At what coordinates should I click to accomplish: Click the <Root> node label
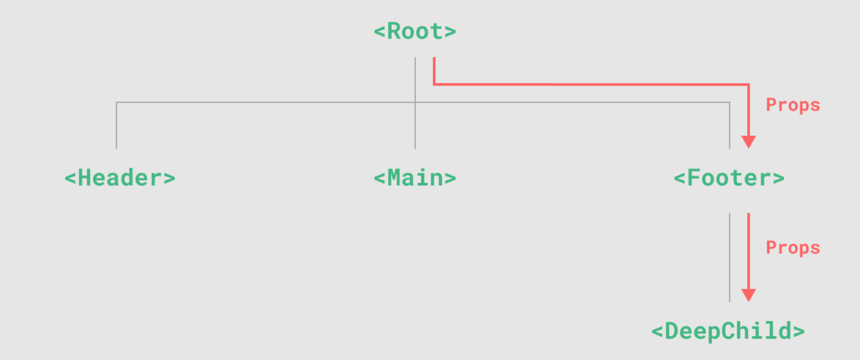415,31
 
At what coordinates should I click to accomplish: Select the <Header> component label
119,178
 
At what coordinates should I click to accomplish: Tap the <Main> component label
415,178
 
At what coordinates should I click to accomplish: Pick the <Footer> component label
729,178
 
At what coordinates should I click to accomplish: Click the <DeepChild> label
728,331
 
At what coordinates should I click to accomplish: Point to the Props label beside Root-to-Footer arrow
793,105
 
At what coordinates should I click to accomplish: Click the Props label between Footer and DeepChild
793,247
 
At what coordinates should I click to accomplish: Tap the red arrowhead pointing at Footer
748,142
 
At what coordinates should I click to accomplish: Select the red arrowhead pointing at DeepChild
748,295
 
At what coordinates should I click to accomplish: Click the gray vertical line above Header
116,125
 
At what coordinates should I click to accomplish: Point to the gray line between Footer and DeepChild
730,257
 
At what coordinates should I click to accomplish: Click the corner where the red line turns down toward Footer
748,84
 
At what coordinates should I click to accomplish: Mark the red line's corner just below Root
434,84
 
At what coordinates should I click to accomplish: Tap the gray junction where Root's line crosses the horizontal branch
415,102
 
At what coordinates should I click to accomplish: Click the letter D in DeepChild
672,331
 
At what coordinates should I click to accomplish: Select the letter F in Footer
693,178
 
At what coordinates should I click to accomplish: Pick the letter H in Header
84,178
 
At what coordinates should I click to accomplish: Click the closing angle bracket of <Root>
450,32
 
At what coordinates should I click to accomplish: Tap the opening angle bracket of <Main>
379,179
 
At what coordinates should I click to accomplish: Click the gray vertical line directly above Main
415,125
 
